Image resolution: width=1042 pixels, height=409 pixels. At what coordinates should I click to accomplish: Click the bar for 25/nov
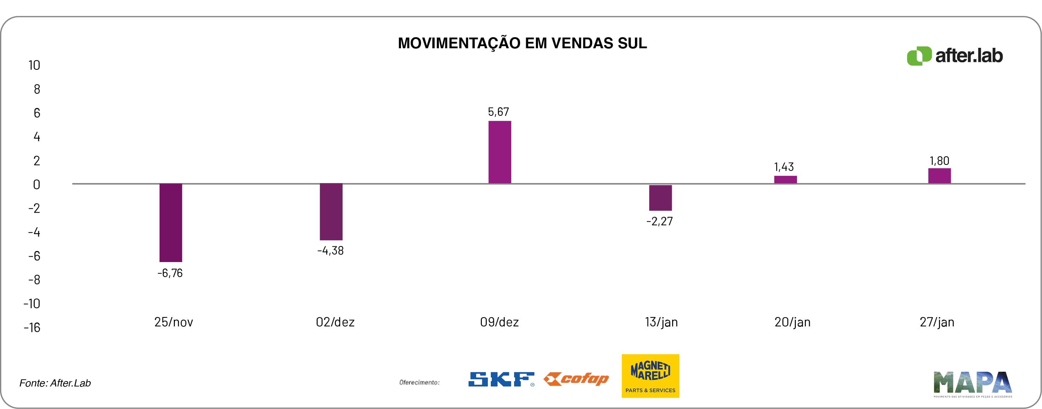171,222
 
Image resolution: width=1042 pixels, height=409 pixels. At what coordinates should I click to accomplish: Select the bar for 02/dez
331,211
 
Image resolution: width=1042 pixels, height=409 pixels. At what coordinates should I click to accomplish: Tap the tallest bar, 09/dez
500,152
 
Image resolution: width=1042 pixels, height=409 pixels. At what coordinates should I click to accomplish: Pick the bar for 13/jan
660,198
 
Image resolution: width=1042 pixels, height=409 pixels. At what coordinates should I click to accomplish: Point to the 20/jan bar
785,179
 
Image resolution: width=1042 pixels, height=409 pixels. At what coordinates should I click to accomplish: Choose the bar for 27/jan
939,176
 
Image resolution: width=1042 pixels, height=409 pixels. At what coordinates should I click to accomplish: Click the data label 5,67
498,112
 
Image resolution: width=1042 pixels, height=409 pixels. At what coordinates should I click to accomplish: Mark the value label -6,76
170,273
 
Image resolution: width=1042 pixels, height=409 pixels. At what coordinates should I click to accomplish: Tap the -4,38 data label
331,251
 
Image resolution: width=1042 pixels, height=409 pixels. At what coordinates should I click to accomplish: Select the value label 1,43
784,167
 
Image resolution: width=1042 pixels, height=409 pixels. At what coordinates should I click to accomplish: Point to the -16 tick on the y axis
32,327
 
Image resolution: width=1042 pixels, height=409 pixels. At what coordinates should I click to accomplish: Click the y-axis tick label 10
34,65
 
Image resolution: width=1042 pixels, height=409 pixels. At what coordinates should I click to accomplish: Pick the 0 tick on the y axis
36,185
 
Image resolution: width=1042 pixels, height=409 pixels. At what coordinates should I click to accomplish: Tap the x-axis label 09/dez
499,322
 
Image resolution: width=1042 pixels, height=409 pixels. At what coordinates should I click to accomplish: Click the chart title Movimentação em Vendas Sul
522,43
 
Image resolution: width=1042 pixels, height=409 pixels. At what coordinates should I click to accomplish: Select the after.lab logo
955,56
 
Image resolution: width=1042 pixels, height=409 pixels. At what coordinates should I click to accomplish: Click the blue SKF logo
501,379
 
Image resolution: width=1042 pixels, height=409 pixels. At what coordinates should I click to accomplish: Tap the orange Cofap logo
576,379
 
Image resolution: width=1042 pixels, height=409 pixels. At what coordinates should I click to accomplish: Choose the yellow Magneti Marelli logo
650,376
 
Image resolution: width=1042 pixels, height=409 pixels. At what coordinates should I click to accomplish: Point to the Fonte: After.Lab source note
55,383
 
